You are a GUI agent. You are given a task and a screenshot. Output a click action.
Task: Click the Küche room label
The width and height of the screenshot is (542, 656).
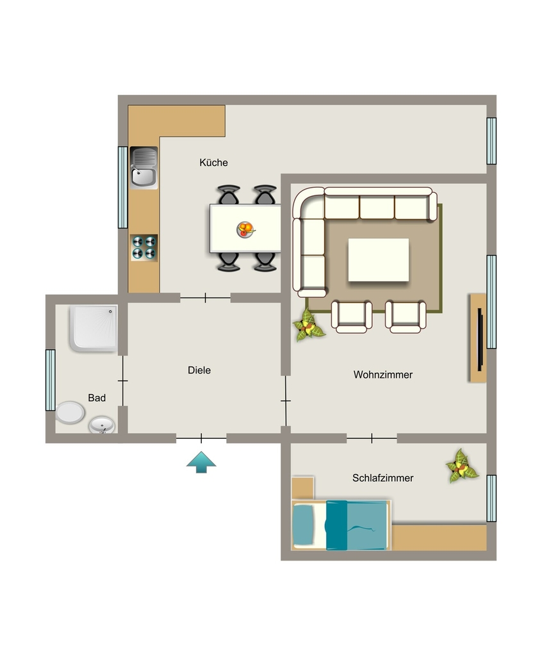click(213, 162)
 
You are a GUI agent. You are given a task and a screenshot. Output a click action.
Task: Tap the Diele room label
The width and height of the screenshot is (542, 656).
click(199, 370)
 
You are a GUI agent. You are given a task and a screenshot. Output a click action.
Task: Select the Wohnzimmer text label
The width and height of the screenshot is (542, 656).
click(383, 374)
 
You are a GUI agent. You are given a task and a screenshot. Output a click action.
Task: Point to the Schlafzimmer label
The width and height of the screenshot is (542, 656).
click(382, 478)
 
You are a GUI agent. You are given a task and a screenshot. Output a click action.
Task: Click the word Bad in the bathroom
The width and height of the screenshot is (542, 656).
click(97, 398)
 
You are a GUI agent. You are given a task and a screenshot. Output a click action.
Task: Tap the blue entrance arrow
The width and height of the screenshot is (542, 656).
click(201, 462)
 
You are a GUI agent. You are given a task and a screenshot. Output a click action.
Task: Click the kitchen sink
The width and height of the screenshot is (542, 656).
click(144, 167)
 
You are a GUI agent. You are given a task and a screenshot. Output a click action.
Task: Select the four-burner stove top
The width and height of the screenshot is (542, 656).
click(144, 247)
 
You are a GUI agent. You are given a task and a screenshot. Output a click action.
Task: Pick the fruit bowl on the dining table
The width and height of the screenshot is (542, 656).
click(245, 229)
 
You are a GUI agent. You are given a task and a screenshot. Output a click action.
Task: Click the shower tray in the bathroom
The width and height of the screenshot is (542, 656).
click(94, 328)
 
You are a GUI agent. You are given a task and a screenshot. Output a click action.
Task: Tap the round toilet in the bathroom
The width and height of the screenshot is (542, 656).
click(70, 413)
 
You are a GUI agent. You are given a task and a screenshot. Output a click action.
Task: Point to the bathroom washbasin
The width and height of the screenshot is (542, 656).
click(102, 425)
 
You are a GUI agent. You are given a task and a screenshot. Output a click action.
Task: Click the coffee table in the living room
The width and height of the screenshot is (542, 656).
click(379, 260)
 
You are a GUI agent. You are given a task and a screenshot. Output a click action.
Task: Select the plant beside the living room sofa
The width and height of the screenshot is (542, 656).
click(308, 325)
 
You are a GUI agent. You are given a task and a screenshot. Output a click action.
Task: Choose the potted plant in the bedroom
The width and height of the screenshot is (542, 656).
click(462, 466)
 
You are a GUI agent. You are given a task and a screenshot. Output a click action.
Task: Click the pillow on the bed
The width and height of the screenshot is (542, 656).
click(303, 525)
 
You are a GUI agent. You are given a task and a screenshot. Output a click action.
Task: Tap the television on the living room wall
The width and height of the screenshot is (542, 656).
click(480, 340)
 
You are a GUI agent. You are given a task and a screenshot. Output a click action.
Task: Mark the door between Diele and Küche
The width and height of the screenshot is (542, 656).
click(205, 298)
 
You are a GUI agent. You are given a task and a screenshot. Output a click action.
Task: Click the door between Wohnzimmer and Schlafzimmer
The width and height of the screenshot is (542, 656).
click(372, 438)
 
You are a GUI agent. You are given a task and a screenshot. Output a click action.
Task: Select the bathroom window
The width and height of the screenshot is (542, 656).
click(50, 381)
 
